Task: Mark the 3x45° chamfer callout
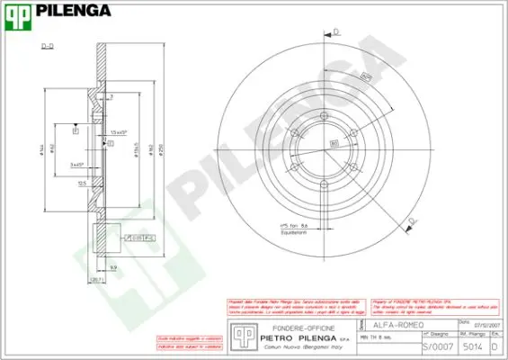click(77, 165)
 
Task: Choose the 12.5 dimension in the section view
click(82, 183)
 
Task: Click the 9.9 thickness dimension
click(113, 267)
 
